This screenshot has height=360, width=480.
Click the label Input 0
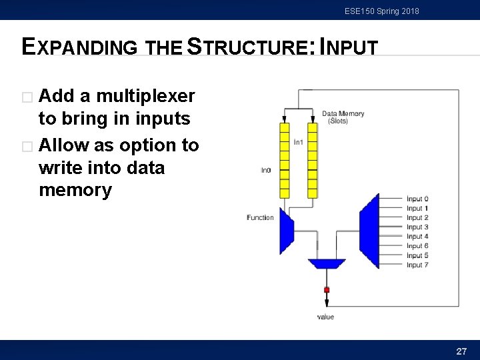click(x=417, y=199)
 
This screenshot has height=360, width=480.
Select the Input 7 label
click(x=417, y=265)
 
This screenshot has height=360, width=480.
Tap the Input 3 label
click(x=417, y=227)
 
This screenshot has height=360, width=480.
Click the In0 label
click(x=265, y=171)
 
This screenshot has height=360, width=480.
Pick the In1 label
click(x=299, y=142)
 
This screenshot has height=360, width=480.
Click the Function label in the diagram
click(x=260, y=218)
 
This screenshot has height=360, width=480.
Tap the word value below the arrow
click(x=325, y=317)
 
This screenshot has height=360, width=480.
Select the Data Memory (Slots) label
click(x=343, y=117)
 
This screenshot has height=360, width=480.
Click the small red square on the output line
click(x=327, y=290)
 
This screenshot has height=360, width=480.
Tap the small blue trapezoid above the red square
click(x=327, y=263)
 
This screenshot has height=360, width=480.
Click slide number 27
click(x=461, y=351)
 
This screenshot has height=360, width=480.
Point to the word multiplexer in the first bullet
click(x=145, y=97)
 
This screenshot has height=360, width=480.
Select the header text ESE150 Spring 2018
click(x=382, y=11)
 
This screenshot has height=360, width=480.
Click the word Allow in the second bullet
click(x=65, y=145)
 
